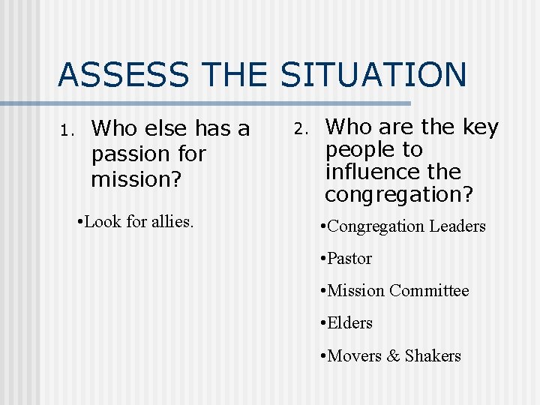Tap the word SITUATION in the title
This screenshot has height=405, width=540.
click(373, 75)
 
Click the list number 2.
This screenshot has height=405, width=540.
click(298, 129)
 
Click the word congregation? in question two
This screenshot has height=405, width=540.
click(399, 195)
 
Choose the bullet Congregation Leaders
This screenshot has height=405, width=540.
click(406, 226)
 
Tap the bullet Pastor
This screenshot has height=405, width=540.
click(349, 259)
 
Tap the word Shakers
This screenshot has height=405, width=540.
click(433, 356)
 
